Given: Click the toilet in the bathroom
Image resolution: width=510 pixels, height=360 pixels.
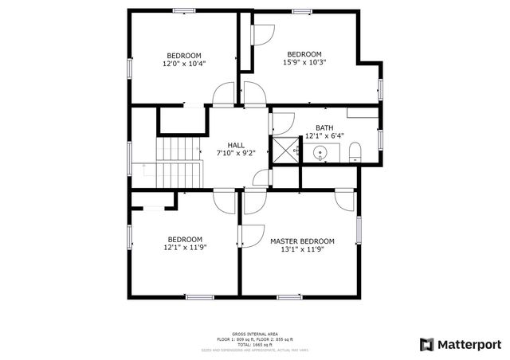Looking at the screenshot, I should pyautogui.click(x=355, y=151).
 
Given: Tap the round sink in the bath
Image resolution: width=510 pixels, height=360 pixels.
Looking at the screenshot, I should pyautogui.click(x=321, y=152).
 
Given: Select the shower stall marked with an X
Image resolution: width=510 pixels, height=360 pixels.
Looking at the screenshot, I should pyautogui.click(x=284, y=149).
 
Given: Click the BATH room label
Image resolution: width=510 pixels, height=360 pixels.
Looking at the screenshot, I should pyautogui.click(x=324, y=127).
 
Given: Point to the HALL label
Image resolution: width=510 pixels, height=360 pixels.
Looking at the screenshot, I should pyautogui.click(x=236, y=145).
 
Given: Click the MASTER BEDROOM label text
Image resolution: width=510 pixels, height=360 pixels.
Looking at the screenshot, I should pyautogui.click(x=302, y=241).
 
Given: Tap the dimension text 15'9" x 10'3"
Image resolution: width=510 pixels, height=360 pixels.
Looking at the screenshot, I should pyautogui.click(x=304, y=62).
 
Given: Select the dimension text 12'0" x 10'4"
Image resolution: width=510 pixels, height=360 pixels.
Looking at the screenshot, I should pyautogui.click(x=184, y=63).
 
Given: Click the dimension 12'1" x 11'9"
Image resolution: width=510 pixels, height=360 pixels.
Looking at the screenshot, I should pyautogui.click(x=184, y=247).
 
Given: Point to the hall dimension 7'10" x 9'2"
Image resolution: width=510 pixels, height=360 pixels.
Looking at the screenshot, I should pyautogui.click(x=236, y=153).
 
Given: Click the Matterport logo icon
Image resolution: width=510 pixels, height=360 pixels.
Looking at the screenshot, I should pyautogui.click(x=427, y=344).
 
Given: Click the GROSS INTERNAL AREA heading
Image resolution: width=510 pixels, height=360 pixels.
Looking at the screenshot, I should pyautogui.click(x=255, y=334).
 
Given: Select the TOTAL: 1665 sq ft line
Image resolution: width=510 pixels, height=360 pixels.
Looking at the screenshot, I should pyautogui.click(x=255, y=343).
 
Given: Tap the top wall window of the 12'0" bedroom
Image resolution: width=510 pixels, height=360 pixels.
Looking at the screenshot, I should pyautogui.click(x=184, y=10).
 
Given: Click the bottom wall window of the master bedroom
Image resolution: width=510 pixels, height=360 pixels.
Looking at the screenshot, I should pyautogui.click(x=288, y=297).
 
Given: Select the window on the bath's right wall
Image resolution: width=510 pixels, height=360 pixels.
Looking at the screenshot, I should pyautogui.click(x=381, y=139).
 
